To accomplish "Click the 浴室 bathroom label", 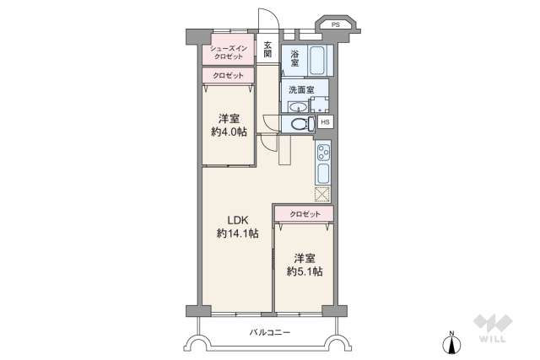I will pos(294,56).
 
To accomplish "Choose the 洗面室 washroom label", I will pos(300,90).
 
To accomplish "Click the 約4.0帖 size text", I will pos(228,132).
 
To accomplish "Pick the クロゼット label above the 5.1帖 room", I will pos(304,214).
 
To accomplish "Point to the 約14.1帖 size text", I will pos(236,234).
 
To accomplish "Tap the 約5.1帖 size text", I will pos(304,271).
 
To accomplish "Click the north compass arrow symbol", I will pos(452,342).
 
